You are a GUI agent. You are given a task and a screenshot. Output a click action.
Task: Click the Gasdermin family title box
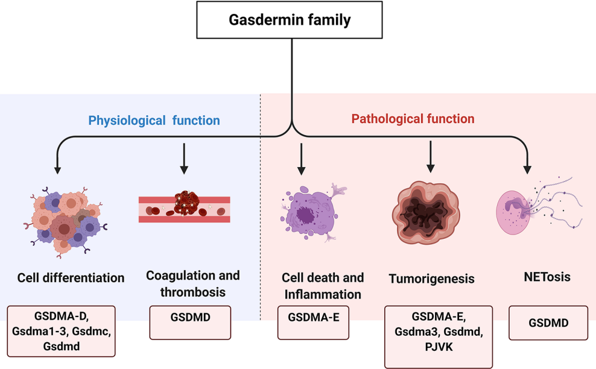point(290,20)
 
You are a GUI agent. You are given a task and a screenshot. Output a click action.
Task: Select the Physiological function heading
point(154,121)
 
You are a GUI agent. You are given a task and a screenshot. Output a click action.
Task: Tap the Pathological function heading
point(413,119)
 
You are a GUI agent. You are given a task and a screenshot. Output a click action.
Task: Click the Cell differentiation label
point(71,278)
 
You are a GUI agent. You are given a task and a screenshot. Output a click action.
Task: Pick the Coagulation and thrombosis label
point(192,283)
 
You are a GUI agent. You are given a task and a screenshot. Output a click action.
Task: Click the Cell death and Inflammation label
point(322,286)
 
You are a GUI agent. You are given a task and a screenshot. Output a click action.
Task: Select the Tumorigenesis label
point(431,279)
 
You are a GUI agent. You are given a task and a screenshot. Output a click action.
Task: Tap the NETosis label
point(548,277)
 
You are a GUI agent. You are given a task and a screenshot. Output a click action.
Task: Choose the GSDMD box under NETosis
point(548,323)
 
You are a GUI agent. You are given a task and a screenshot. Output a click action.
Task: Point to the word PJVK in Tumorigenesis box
point(439,347)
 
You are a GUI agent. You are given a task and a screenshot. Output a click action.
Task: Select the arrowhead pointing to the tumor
point(430,168)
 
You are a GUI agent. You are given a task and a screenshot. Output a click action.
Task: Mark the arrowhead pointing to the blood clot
point(184,170)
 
